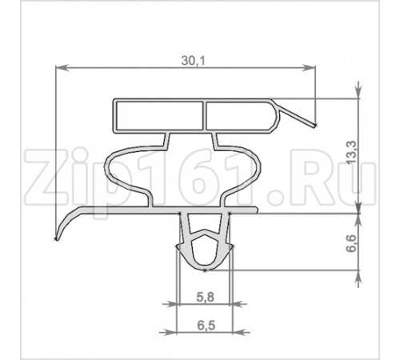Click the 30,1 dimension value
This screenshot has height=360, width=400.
tap(194, 61)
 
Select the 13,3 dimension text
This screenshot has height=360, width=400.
tap(351, 153)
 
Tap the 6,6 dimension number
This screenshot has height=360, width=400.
tap(351, 243)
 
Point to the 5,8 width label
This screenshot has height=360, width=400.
tap(206, 297)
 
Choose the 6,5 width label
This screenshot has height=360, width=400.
tap(206, 326)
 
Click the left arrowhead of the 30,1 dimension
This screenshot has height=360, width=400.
tap(62, 68)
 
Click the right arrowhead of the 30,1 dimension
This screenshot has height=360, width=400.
tap(309, 68)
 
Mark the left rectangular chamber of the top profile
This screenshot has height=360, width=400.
tap(159, 116)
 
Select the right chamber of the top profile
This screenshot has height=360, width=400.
tap(241, 116)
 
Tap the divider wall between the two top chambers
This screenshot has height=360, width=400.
tap(204, 116)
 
